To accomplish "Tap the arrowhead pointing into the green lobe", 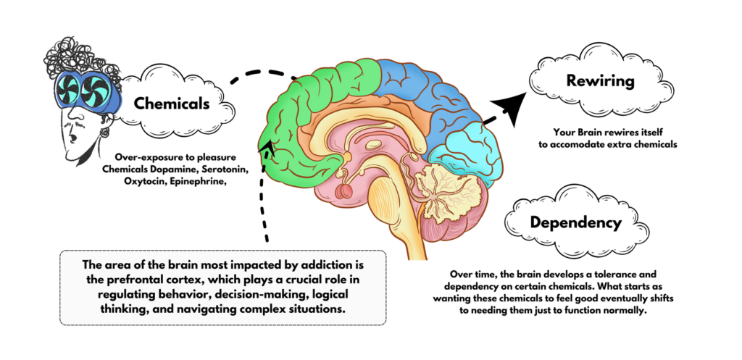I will [x=269, y=149].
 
